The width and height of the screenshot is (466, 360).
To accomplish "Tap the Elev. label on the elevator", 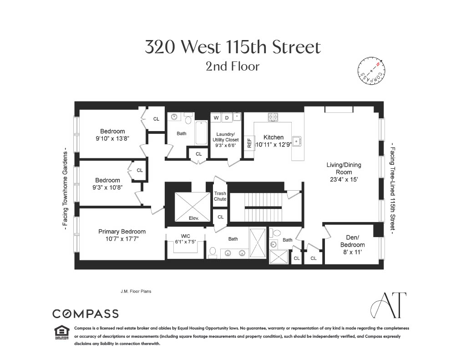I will coord(194,218).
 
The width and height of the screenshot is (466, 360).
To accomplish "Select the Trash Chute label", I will coord(220,196).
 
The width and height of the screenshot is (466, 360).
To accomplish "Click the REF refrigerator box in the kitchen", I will coord(249,142).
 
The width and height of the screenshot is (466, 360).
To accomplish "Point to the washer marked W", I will coord(216,118).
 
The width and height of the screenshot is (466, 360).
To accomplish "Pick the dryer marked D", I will coord(227,118).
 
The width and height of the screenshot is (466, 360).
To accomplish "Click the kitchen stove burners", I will coord(273,117).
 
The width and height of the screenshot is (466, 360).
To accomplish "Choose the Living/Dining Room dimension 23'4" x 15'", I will coord(344,180).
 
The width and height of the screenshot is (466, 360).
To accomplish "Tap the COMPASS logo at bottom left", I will coord(86,314).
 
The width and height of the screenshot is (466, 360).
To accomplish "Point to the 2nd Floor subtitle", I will coord(233,66).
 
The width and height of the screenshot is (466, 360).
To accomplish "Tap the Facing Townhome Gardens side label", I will coord(66,188).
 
